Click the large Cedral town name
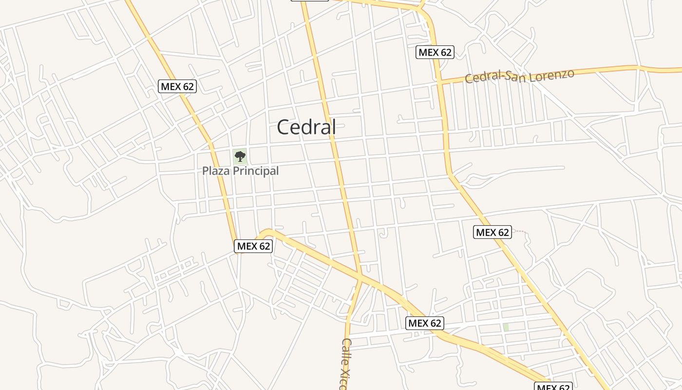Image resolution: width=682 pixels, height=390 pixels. (x=306, y=127)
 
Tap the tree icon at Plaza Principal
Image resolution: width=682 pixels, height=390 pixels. (x=240, y=156)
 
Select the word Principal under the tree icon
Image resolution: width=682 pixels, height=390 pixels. (x=256, y=171)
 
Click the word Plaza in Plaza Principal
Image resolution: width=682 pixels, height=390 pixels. (x=216, y=171)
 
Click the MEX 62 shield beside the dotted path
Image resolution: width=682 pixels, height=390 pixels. (x=493, y=232)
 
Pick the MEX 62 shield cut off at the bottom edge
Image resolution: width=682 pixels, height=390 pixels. (x=553, y=387)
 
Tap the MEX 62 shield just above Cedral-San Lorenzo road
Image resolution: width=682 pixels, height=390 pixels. (x=435, y=52)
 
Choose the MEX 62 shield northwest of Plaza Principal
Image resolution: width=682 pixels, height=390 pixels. (x=177, y=86)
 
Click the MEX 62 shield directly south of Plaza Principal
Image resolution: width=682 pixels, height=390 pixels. (x=253, y=246)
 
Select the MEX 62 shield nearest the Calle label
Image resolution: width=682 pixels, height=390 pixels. (x=425, y=323)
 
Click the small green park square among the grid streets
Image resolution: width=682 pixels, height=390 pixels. (x=506, y=327)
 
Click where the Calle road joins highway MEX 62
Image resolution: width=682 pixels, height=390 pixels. (x=361, y=277)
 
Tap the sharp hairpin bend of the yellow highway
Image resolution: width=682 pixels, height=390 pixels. (x=266, y=231)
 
